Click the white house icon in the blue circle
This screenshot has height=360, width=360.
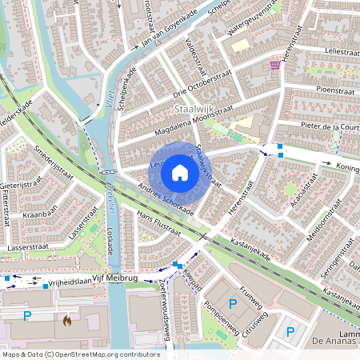point(180,172)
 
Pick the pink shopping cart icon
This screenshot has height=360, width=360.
point(275,65)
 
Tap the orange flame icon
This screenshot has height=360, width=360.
point(67,321)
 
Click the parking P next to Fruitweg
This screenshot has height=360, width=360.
point(233,303)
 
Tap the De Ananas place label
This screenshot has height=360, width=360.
point(339,342)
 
